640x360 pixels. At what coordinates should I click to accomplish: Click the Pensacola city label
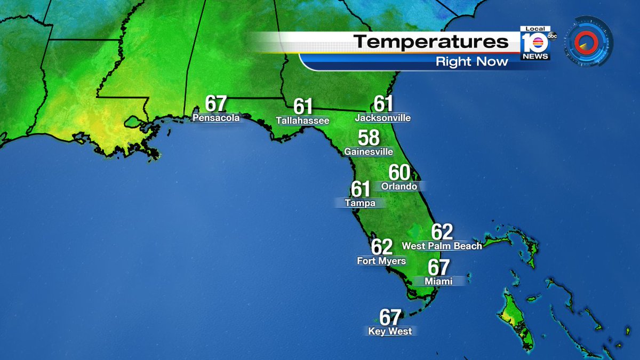(x=215, y=118)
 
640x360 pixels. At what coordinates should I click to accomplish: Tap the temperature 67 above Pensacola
(x=215, y=104)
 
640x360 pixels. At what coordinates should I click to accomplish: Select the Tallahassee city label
(x=302, y=121)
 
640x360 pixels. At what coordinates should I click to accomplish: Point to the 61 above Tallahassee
(x=303, y=107)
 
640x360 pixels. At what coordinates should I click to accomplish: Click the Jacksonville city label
(x=383, y=117)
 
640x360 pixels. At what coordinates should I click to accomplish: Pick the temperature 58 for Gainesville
(x=369, y=138)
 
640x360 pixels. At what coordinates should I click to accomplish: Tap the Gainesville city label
(x=369, y=152)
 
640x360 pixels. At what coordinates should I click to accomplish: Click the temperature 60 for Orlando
(x=399, y=173)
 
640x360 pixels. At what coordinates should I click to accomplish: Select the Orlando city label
(x=399, y=187)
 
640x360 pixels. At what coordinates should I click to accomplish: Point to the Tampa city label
(x=360, y=203)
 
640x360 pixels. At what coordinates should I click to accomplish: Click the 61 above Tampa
(x=361, y=189)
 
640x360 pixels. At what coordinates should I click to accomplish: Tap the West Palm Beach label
(x=442, y=246)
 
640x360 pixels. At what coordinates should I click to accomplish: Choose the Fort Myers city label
(x=381, y=261)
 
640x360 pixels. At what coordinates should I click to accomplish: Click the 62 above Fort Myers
(x=382, y=247)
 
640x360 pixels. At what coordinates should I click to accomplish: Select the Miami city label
(x=438, y=281)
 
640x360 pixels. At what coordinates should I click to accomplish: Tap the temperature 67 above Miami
(x=438, y=267)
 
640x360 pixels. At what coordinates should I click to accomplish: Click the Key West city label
(x=390, y=331)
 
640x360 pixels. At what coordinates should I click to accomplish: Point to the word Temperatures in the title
(x=431, y=42)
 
